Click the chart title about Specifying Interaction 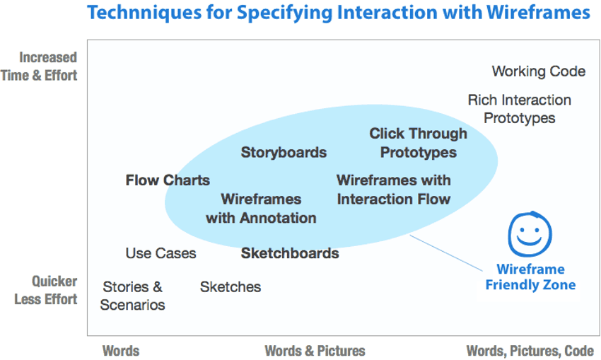click(x=338, y=13)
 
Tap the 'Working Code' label click(x=538, y=71)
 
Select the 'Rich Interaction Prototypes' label click(x=519, y=109)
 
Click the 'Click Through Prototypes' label click(x=418, y=143)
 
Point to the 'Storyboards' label click(x=284, y=152)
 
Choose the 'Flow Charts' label click(x=168, y=180)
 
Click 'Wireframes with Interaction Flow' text click(x=393, y=190)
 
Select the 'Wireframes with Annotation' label click(x=261, y=209)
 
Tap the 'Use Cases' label click(x=161, y=253)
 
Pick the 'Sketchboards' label click(x=289, y=253)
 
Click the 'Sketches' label click(x=230, y=287)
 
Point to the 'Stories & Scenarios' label click(x=132, y=296)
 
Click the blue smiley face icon click(x=530, y=235)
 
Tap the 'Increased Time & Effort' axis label click(x=40, y=66)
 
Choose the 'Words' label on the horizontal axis click(x=121, y=351)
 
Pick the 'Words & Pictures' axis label click(x=315, y=351)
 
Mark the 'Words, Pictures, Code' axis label click(x=530, y=351)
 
